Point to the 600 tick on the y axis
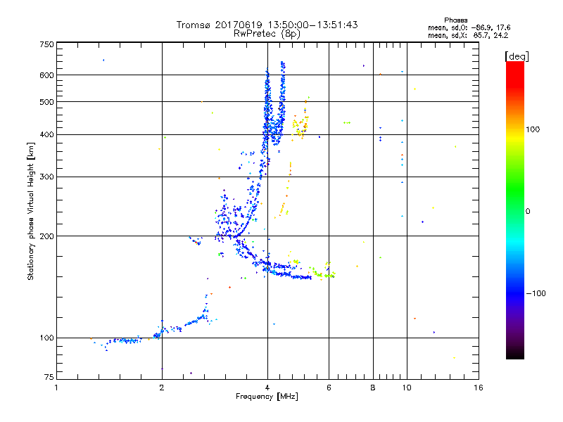(x=47, y=75)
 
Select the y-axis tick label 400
(x=47, y=134)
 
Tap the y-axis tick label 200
(x=47, y=236)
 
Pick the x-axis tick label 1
(x=57, y=388)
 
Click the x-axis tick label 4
(x=267, y=388)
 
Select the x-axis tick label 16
(x=478, y=388)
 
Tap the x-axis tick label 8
(x=373, y=388)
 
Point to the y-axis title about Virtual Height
(x=31, y=211)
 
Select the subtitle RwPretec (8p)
(x=267, y=33)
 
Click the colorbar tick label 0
(x=528, y=212)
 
